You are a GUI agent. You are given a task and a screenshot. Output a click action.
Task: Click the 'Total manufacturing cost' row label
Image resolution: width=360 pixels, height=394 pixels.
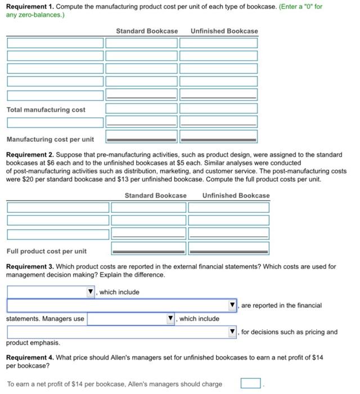[46, 110]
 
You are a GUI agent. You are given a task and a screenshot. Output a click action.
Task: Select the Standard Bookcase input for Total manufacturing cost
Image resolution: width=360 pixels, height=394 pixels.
[141, 109]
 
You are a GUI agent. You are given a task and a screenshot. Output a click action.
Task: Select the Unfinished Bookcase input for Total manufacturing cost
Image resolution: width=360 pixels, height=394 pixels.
[218, 109]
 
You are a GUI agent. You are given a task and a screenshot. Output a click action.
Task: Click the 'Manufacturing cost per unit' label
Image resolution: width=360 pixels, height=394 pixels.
[50, 139]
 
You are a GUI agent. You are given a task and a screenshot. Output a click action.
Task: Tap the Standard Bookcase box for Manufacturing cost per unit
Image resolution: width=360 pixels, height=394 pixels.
[141, 136]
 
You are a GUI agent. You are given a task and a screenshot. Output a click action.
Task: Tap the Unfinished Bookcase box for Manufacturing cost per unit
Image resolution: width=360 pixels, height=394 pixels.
[218, 136]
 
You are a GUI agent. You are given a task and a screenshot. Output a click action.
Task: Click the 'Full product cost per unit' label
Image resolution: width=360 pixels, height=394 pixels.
[47, 251]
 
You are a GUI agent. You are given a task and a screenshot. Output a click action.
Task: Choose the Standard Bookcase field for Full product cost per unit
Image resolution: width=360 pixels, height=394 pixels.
[148, 248]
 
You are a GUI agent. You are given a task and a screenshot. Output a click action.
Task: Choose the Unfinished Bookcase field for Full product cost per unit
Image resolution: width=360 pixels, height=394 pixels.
[228, 248]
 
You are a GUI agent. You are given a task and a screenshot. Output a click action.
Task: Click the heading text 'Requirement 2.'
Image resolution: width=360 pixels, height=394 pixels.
[30, 154]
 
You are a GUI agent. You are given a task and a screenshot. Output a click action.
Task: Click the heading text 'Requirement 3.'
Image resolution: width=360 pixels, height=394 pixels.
[30, 266]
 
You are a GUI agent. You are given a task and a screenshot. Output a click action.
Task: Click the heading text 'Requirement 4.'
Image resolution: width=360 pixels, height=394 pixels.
[30, 357]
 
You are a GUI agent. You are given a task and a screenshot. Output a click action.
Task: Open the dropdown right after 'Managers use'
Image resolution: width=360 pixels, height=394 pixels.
[131, 319]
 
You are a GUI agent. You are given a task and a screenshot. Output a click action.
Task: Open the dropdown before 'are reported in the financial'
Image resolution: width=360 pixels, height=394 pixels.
[122, 306]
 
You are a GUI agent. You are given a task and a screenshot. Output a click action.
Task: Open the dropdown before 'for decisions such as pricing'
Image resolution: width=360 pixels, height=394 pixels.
[122, 332]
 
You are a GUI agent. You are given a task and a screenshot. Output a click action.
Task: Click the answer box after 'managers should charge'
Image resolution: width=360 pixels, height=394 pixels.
[251, 384]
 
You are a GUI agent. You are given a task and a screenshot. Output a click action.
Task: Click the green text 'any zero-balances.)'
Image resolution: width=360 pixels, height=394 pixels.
[35, 14]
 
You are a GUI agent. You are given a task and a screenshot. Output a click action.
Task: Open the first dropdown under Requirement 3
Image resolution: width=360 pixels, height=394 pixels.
[51, 292]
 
